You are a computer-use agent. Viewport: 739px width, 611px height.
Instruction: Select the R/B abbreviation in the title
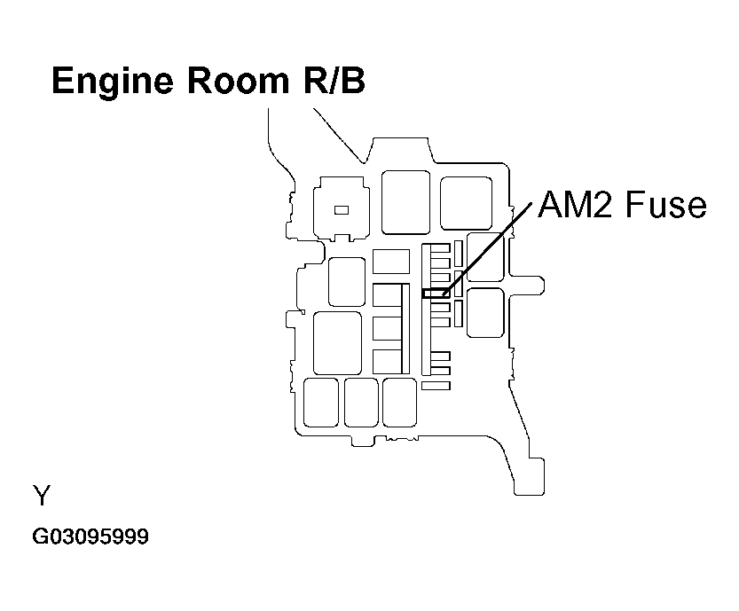click(x=328, y=81)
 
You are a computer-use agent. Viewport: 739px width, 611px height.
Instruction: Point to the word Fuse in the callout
click(x=665, y=205)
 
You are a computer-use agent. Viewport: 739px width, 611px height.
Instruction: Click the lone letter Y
click(x=42, y=495)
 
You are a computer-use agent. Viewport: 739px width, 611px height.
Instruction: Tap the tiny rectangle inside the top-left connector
click(x=341, y=210)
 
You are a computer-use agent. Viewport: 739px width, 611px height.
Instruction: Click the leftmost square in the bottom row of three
click(x=320, y=403)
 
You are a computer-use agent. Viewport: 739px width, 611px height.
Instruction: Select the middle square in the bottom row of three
click(x=361, y=403)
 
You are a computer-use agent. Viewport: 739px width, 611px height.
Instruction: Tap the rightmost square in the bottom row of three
click(x=399, y=402)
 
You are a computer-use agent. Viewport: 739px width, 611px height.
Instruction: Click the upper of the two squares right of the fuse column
click(x=484, y=257)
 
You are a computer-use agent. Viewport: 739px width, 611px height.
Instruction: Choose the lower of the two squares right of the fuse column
click(x=484, y=312)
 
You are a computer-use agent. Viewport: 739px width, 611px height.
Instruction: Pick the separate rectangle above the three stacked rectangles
click(x=390, y=261)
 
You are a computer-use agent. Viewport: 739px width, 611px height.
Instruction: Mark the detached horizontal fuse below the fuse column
click(x=436, y=386)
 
